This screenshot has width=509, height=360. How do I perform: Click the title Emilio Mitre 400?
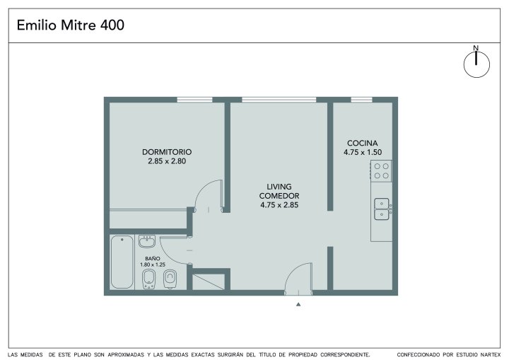[x=71, y=25]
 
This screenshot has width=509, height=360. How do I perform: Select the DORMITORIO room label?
[x=167, y=152]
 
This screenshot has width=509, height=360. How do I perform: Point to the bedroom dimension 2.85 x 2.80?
[x=167, y=161]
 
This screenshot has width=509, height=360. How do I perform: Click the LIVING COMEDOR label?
[x=279, y=191]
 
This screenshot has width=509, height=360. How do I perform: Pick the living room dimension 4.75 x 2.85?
[x=279, y=205]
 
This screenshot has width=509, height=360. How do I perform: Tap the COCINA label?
[x=362, y=143]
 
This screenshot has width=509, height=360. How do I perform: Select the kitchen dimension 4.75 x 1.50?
[x=363, y=152]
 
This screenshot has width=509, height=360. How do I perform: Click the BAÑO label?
[x=153, y=259]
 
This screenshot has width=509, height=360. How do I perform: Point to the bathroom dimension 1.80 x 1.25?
[x=153, y=265]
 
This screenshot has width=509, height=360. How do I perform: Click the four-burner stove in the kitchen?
[x=381, y=171]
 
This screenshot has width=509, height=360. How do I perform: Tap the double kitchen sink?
[x=382, y=209]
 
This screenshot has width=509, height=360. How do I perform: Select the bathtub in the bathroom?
[x=122, y=262]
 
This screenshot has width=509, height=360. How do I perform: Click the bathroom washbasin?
[x=147, y=241]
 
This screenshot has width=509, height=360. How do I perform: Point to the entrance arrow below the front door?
[x=298, y=304]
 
